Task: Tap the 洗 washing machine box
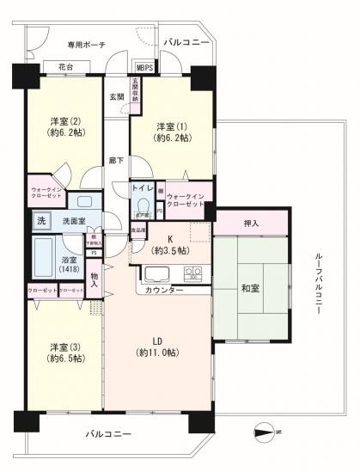40,222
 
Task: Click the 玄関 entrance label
116,97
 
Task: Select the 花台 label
66,67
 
